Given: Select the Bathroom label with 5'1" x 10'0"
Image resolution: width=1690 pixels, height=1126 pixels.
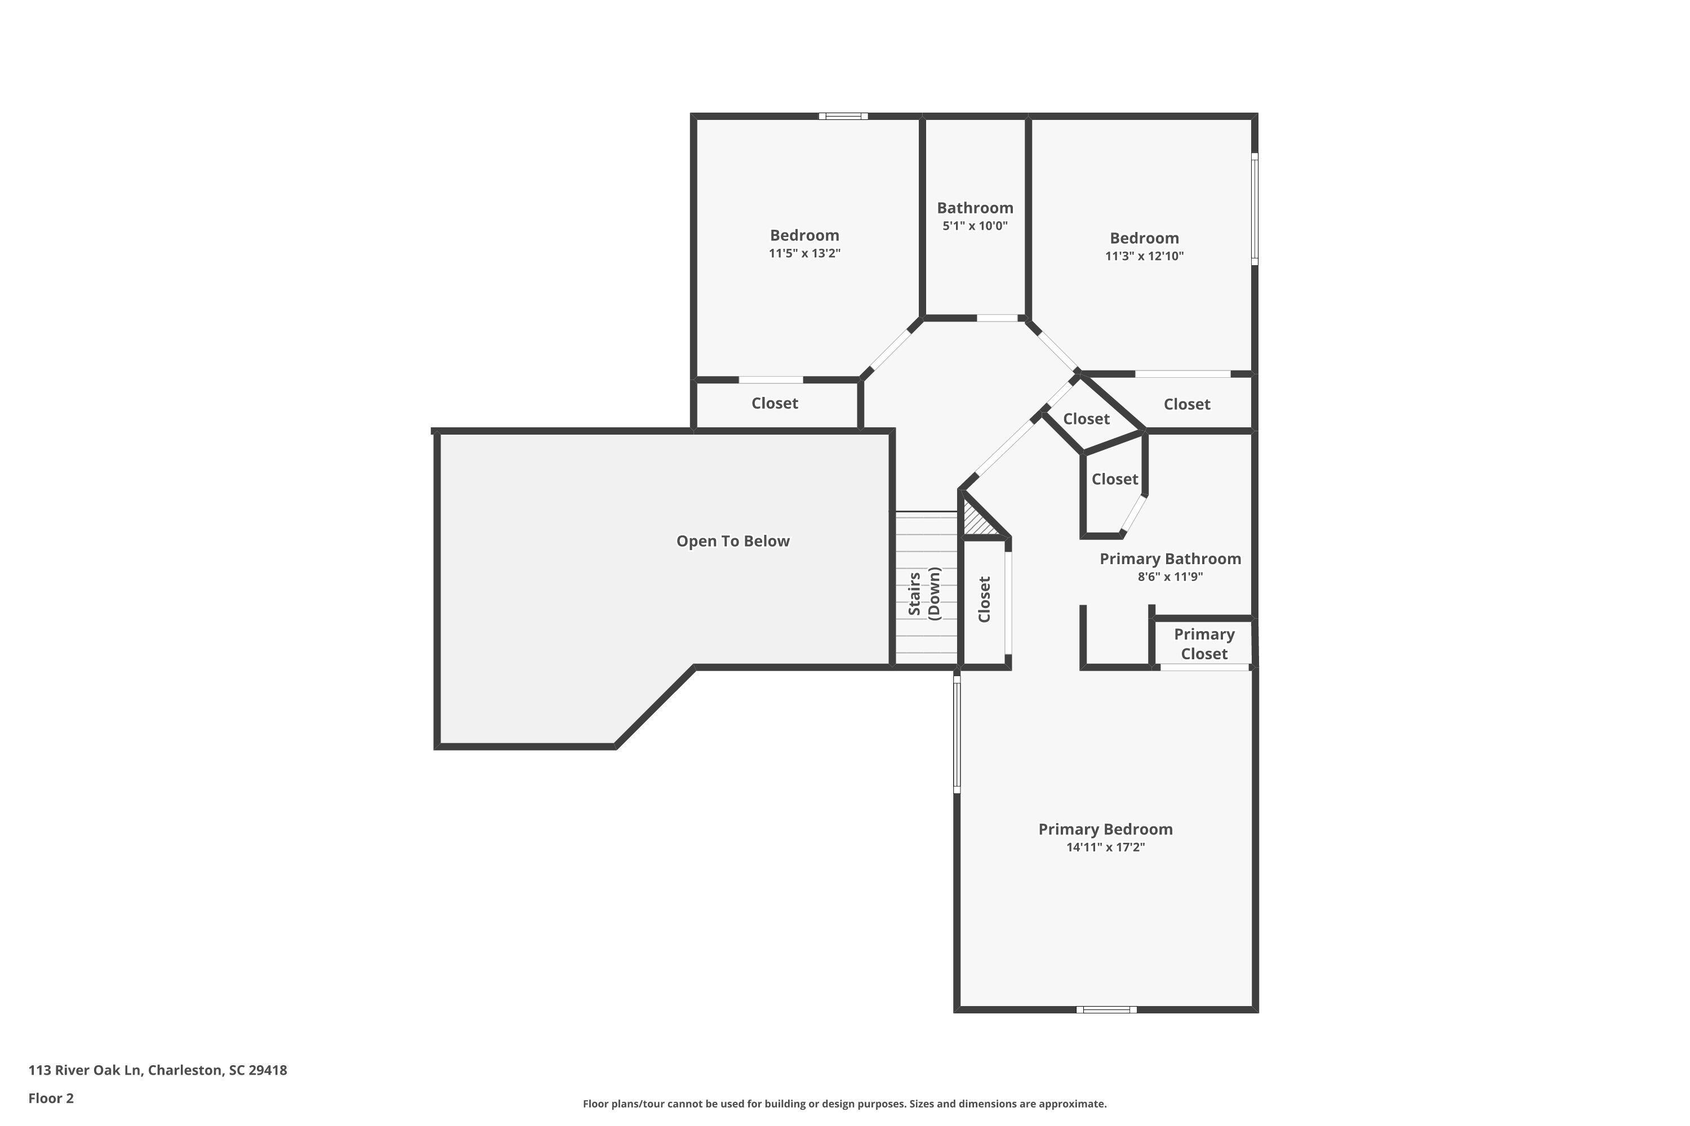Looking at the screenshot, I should [975, 208].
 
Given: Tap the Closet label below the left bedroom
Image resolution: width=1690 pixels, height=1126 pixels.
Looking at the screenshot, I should [774, 404].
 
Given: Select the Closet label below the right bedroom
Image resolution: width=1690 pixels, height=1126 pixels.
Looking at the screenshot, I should [1186, 404].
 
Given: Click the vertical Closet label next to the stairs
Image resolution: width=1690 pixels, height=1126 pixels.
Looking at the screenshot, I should [984, 599].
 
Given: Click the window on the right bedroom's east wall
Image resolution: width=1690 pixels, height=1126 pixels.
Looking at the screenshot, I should [1254, 208].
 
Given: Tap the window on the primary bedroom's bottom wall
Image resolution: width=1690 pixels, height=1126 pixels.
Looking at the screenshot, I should [1106, 1009].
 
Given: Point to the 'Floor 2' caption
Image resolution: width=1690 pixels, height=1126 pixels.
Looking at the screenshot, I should [51, 1098].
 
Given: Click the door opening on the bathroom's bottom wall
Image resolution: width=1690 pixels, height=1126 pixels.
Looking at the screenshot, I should [997, 318].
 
